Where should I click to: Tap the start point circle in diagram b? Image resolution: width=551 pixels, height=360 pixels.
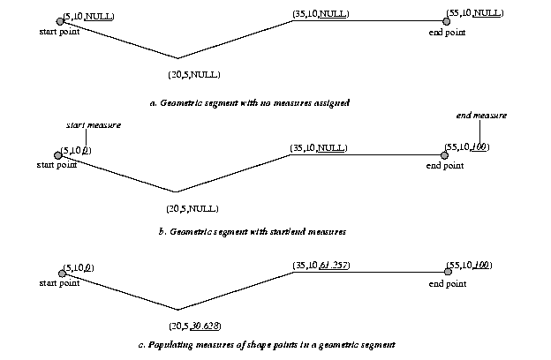[x=57, y=154]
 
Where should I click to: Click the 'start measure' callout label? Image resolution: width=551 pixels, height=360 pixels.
[x=94, y=125]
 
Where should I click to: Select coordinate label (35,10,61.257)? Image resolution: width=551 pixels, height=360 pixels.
[x=321, y=264]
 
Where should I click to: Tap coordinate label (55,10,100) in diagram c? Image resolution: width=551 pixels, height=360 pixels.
[x=470, y=265]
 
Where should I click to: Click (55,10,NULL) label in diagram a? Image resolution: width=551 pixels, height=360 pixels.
[x=475, y=13]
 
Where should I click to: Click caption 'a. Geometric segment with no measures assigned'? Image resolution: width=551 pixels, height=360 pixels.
[x=250, y=103]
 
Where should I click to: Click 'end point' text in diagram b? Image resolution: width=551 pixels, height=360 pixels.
[x=445, y=165]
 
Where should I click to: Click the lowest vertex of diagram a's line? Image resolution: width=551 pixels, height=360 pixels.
[x=178, y=59]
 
